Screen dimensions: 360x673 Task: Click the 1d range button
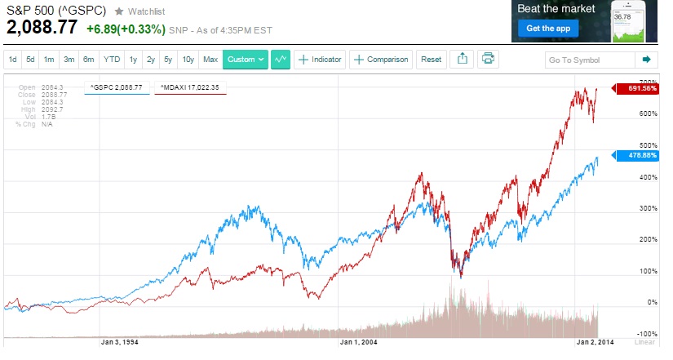coord(13,60)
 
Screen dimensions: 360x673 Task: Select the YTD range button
coord(112,60)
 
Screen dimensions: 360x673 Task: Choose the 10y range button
coord(188,60)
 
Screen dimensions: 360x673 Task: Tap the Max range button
coord(210,60)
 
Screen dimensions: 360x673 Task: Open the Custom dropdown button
coord(246,60)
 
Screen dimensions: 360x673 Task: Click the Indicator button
coord(320,60)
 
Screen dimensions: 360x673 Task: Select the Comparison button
coord(381,60)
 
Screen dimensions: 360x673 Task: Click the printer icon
coord(488,59)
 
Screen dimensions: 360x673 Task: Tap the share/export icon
coord(462,59)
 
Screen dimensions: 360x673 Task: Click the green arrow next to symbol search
coord(647,60)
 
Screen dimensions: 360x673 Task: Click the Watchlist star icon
coord(119,11)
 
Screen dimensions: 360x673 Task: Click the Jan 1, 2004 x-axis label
coord(358,343)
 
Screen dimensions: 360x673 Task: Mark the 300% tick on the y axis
coord(625,208)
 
